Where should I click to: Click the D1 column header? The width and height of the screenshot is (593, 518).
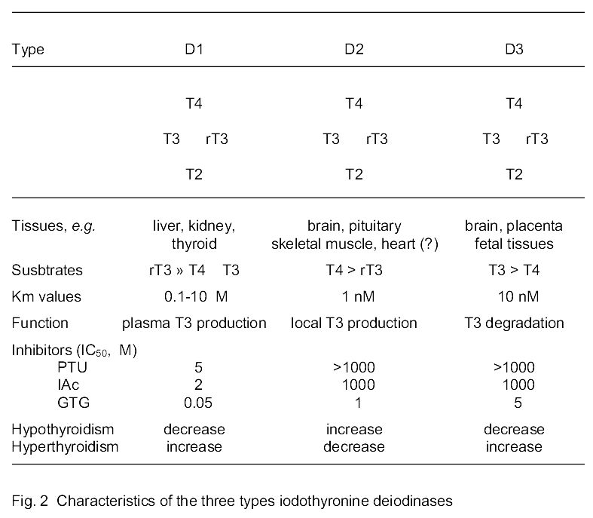[x=194, y=50]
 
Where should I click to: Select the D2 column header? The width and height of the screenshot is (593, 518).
[x=354, y=50]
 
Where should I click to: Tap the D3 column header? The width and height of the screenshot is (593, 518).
[x=514, y=50]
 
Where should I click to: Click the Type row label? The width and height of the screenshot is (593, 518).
[x=28, y=50]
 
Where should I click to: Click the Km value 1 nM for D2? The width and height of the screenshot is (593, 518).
[x=354, y=296]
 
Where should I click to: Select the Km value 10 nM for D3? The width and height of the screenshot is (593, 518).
[x=514, y=296]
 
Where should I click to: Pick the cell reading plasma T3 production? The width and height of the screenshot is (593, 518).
[x=194, y=323]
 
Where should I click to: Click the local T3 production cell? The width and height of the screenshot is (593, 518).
[x=354, y=323]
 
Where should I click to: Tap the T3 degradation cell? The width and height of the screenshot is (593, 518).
[x=514, y=323]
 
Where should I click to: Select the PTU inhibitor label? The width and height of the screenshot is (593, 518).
[x=72, y=368]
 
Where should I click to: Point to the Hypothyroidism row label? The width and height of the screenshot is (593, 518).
[x=63, y=429]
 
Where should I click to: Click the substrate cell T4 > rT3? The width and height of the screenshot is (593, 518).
[x=354, y=270]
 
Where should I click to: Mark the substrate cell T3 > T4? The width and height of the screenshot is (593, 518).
[x=514, y=270]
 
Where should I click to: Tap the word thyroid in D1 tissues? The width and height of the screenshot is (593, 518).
[x=194, y=244]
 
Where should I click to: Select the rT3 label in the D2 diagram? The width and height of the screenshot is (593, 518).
[x=377, y=139]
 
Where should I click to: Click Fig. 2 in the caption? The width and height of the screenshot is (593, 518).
[x=28, y=499]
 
